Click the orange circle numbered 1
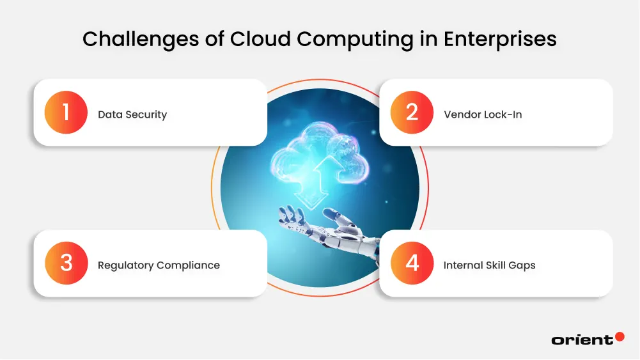coord(66,113)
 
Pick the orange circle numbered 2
coord(412,113)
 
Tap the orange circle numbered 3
coord(66,263)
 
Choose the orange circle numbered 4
coord(412,263)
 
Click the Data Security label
coord(132,115)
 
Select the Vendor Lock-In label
coord(483,115)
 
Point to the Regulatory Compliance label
coord(159,265)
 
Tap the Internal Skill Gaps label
coord(489,265)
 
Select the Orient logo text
coord(581,340)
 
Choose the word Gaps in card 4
coord(522,266)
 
